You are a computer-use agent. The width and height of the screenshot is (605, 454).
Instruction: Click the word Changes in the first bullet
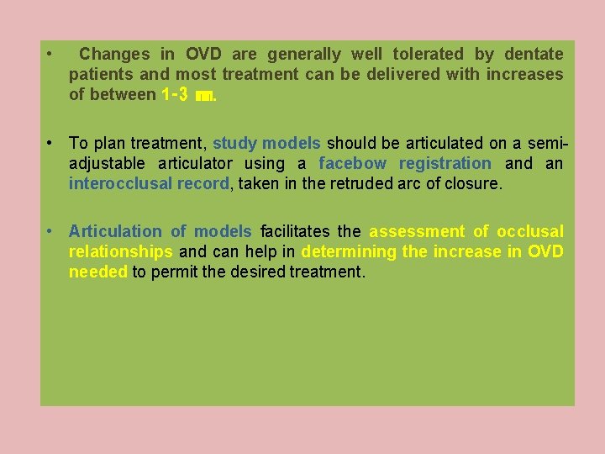click(114, 55)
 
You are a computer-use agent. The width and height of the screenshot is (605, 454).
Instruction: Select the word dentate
click(534, 55)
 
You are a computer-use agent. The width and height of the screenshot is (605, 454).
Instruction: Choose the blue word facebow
click(352, 164)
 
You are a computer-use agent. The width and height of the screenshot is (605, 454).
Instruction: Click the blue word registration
click(445, 164)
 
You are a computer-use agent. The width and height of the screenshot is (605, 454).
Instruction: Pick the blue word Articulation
click(115, 232)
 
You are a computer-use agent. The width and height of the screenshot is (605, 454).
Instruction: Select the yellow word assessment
click(417, 232)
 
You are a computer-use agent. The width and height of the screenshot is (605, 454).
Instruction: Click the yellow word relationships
click(121, 252)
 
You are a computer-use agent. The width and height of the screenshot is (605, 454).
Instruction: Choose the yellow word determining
click(349, 252)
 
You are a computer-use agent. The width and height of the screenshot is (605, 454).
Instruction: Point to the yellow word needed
click(98, 272)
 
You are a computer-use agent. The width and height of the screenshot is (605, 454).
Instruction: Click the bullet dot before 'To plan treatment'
click(51, 144)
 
